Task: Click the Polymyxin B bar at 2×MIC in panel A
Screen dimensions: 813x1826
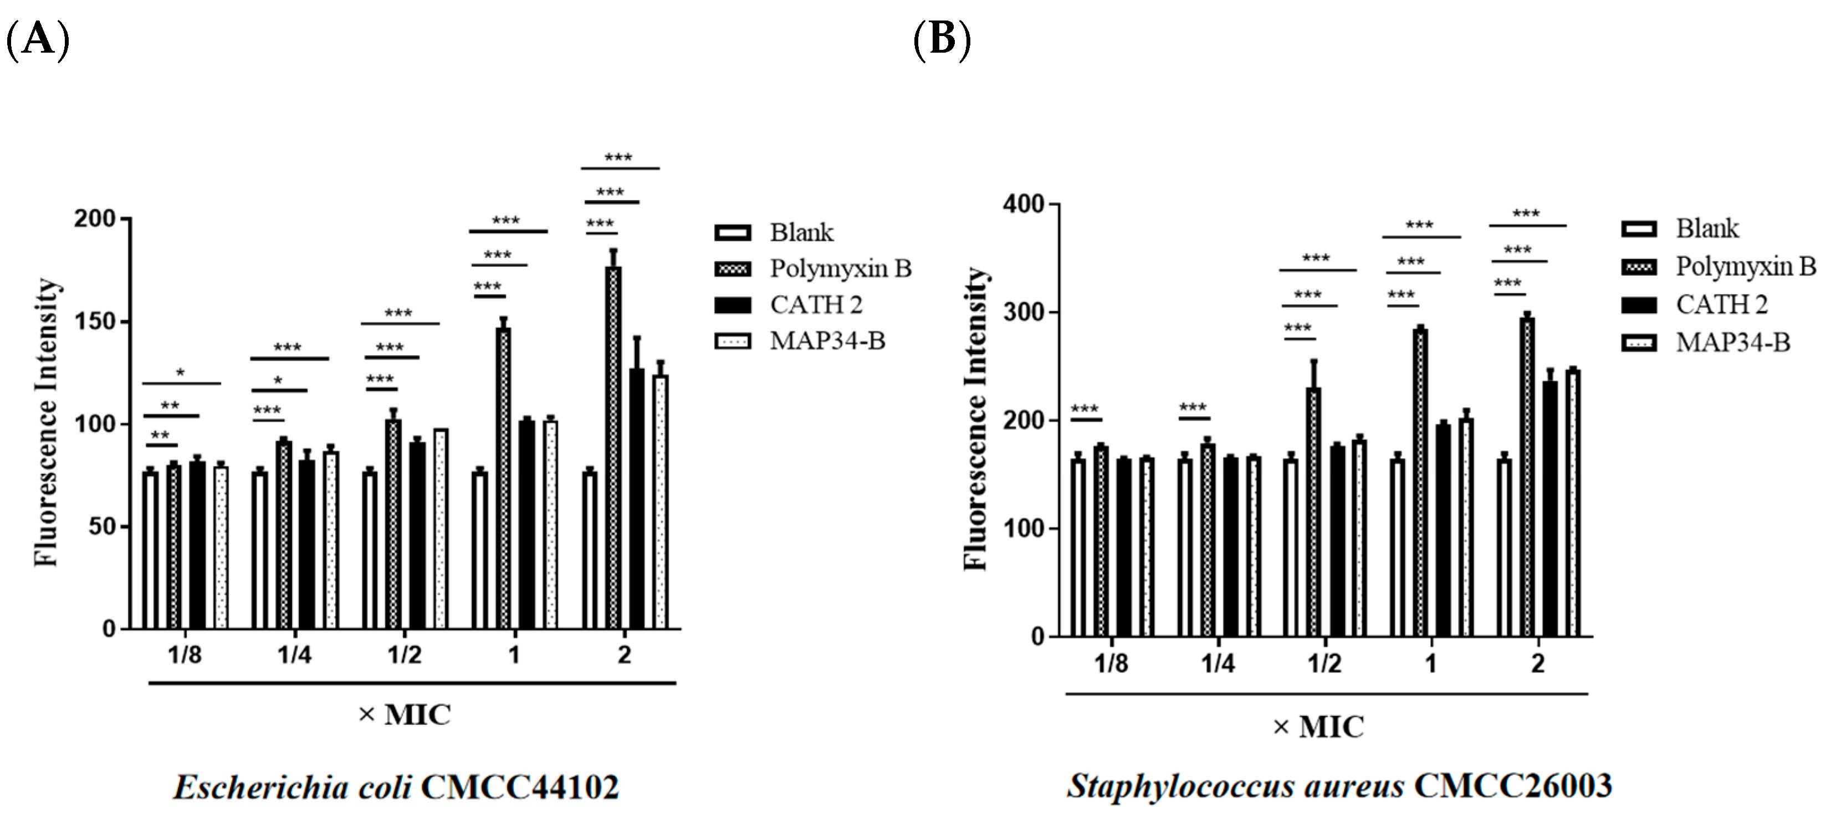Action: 613,447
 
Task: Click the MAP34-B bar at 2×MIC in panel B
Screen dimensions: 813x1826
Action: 1573,503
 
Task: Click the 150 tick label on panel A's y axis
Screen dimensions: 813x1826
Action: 95,322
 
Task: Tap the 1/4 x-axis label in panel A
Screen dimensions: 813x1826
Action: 294,655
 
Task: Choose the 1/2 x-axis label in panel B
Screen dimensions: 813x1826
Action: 1324,664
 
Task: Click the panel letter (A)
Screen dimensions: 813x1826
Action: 37,40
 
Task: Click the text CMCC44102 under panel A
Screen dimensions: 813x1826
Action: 520,788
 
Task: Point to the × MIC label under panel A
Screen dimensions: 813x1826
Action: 404,714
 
